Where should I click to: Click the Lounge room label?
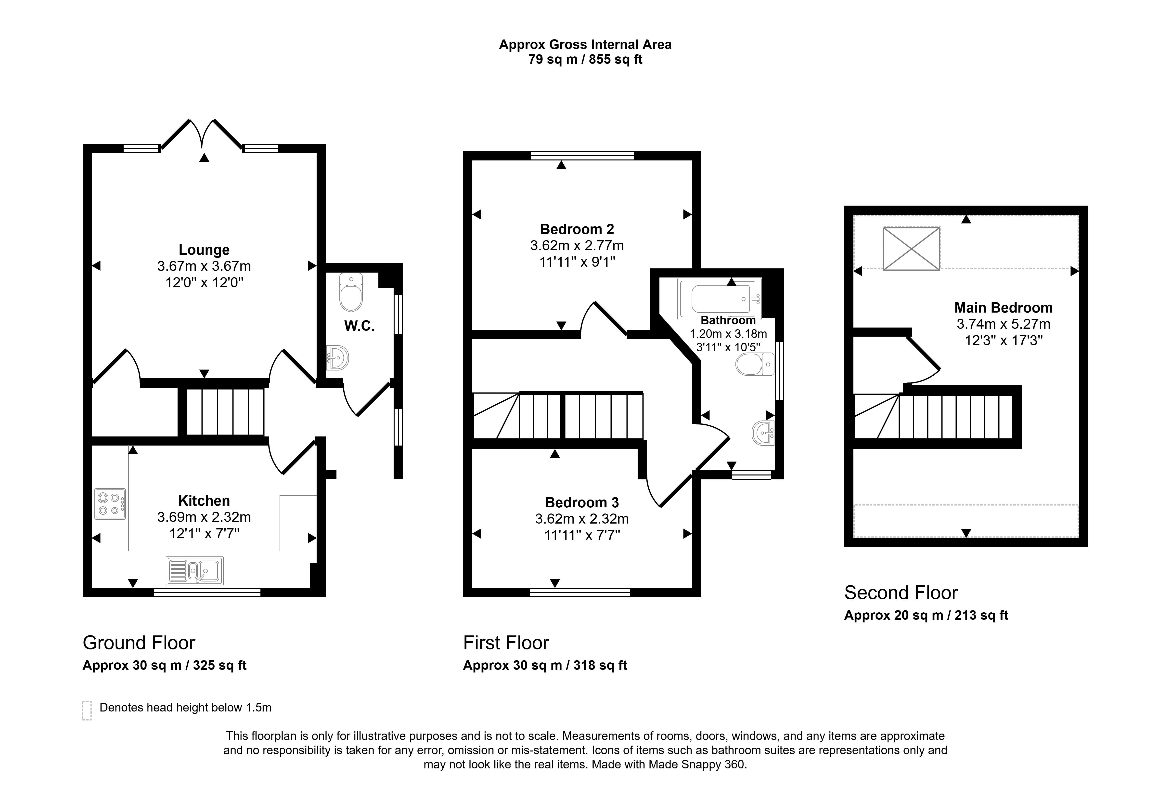[204, 250]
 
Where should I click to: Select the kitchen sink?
[194, 571]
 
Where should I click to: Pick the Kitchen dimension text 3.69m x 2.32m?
[204, 517]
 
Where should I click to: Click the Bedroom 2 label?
[577, 229]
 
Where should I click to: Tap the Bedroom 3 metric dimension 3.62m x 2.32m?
[582, 518]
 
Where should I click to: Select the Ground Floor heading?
[139, 643]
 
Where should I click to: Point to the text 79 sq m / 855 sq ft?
[585, 59]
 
